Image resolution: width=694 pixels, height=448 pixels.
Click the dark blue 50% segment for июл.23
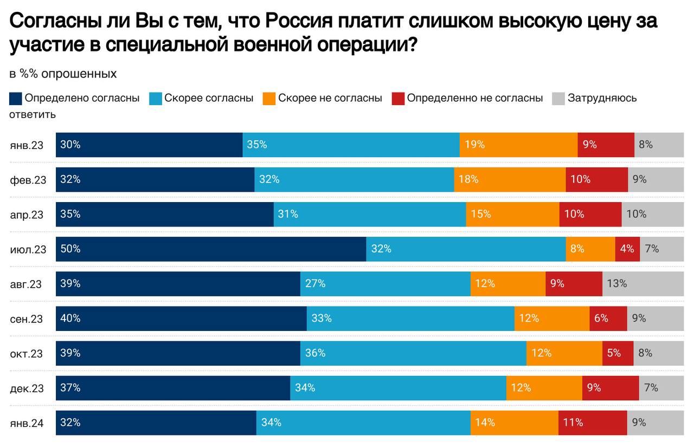(x=211, y=249)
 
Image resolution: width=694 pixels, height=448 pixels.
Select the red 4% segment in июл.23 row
(x=627, y=249)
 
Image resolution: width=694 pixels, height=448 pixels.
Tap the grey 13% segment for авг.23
(x=643, y=284)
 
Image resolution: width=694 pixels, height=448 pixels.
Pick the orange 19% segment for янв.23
(x=518, y=145)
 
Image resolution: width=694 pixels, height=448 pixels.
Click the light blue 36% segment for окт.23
(x=413, y=353)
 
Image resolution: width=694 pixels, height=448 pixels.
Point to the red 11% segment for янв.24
(x=593, y=423)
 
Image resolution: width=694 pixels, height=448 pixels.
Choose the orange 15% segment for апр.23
(x=512, y=215)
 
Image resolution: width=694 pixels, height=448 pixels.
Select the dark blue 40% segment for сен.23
(x=181, y=319)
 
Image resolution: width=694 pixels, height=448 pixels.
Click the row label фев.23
(x=28, y=180)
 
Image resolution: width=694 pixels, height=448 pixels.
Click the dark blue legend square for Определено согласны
(x=16, y=99)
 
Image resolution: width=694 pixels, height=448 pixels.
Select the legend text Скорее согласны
(x=209, y=98)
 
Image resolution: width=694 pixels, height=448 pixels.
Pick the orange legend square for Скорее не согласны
(x=269, y=99)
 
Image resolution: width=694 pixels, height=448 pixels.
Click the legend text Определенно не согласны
(x=474, y=98)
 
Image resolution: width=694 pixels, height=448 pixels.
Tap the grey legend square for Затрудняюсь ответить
(x=558, y=99)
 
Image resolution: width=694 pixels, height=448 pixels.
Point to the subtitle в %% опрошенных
(x=63, y=74)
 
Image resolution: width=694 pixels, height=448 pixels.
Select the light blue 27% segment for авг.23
(x=385, y=284)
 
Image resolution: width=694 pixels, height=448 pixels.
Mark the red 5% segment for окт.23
(x=618, y=353)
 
